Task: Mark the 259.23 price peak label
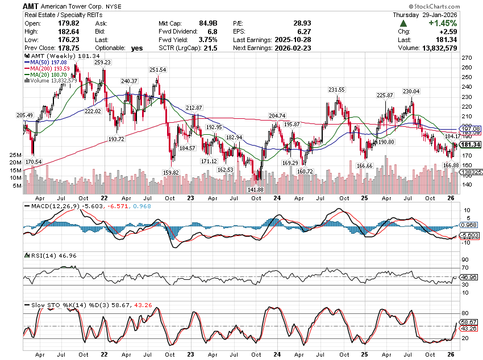102,63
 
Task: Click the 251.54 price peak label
157,69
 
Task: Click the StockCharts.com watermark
455,5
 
